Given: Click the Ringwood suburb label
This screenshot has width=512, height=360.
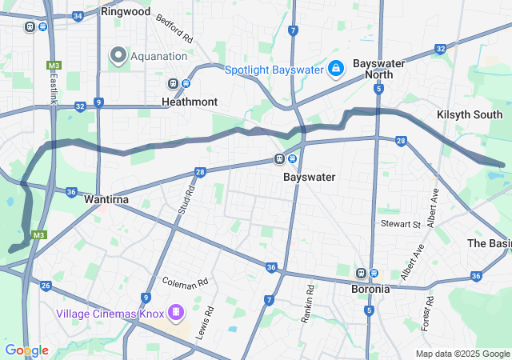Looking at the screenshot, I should click(126, 12).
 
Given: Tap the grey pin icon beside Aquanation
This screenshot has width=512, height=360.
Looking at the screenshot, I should click(118, 55).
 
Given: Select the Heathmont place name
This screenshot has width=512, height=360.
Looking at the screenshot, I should click(189, 102).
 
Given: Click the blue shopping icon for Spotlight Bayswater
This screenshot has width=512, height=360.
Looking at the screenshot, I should click(336, 70).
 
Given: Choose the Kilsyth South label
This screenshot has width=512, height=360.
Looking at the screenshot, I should click(470, 115).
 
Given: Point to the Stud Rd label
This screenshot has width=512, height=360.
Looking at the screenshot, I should click(185, 201).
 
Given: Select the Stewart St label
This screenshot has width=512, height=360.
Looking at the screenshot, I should click(400, 224).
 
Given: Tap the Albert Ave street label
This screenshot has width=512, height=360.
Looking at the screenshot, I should click(432, 206).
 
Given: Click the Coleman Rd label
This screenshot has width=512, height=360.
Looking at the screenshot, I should click(185, 282).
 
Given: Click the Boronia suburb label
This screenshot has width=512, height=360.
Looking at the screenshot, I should click(370, 289).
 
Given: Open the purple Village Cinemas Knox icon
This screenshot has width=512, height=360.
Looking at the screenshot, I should click(175, 311).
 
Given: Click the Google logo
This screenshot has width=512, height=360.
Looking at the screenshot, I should click(26, 350).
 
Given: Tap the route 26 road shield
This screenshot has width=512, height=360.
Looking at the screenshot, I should click(46, 286).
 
